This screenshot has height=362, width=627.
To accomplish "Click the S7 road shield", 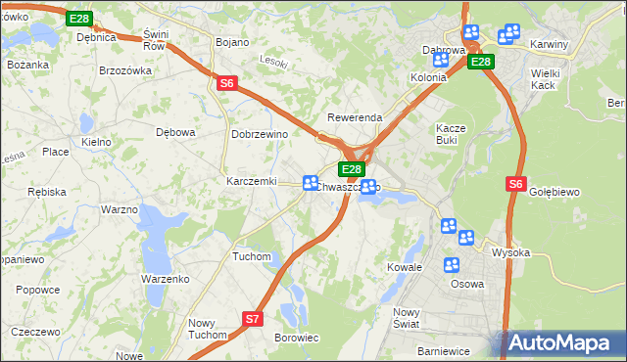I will click(x=253, y=318).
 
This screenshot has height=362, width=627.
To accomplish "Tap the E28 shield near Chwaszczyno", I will click(x=354, y=169).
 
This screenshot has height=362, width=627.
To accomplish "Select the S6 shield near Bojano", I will click(x=227, y=83).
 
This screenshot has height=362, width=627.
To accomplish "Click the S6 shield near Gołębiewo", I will click(x=517, y=183).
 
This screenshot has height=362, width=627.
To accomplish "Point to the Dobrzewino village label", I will click(x=258, y=134).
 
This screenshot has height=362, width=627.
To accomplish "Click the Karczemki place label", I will click(x=252, y=182).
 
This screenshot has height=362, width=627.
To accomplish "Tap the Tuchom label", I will click(x=251, y=256).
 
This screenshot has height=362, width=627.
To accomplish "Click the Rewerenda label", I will click(x=354, y=117).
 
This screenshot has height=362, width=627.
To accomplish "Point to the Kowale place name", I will click(x=404, y=266).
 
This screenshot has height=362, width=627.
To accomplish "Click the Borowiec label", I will click(x=297, y=338).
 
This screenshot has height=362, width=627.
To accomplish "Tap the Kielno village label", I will click(x=96, y=142).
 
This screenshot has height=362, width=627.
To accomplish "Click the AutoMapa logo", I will click(x=561, y=343).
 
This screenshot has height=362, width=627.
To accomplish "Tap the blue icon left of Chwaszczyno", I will click(x=311, y=183).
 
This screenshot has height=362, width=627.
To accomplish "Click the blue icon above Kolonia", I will click(x=440, y=60).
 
